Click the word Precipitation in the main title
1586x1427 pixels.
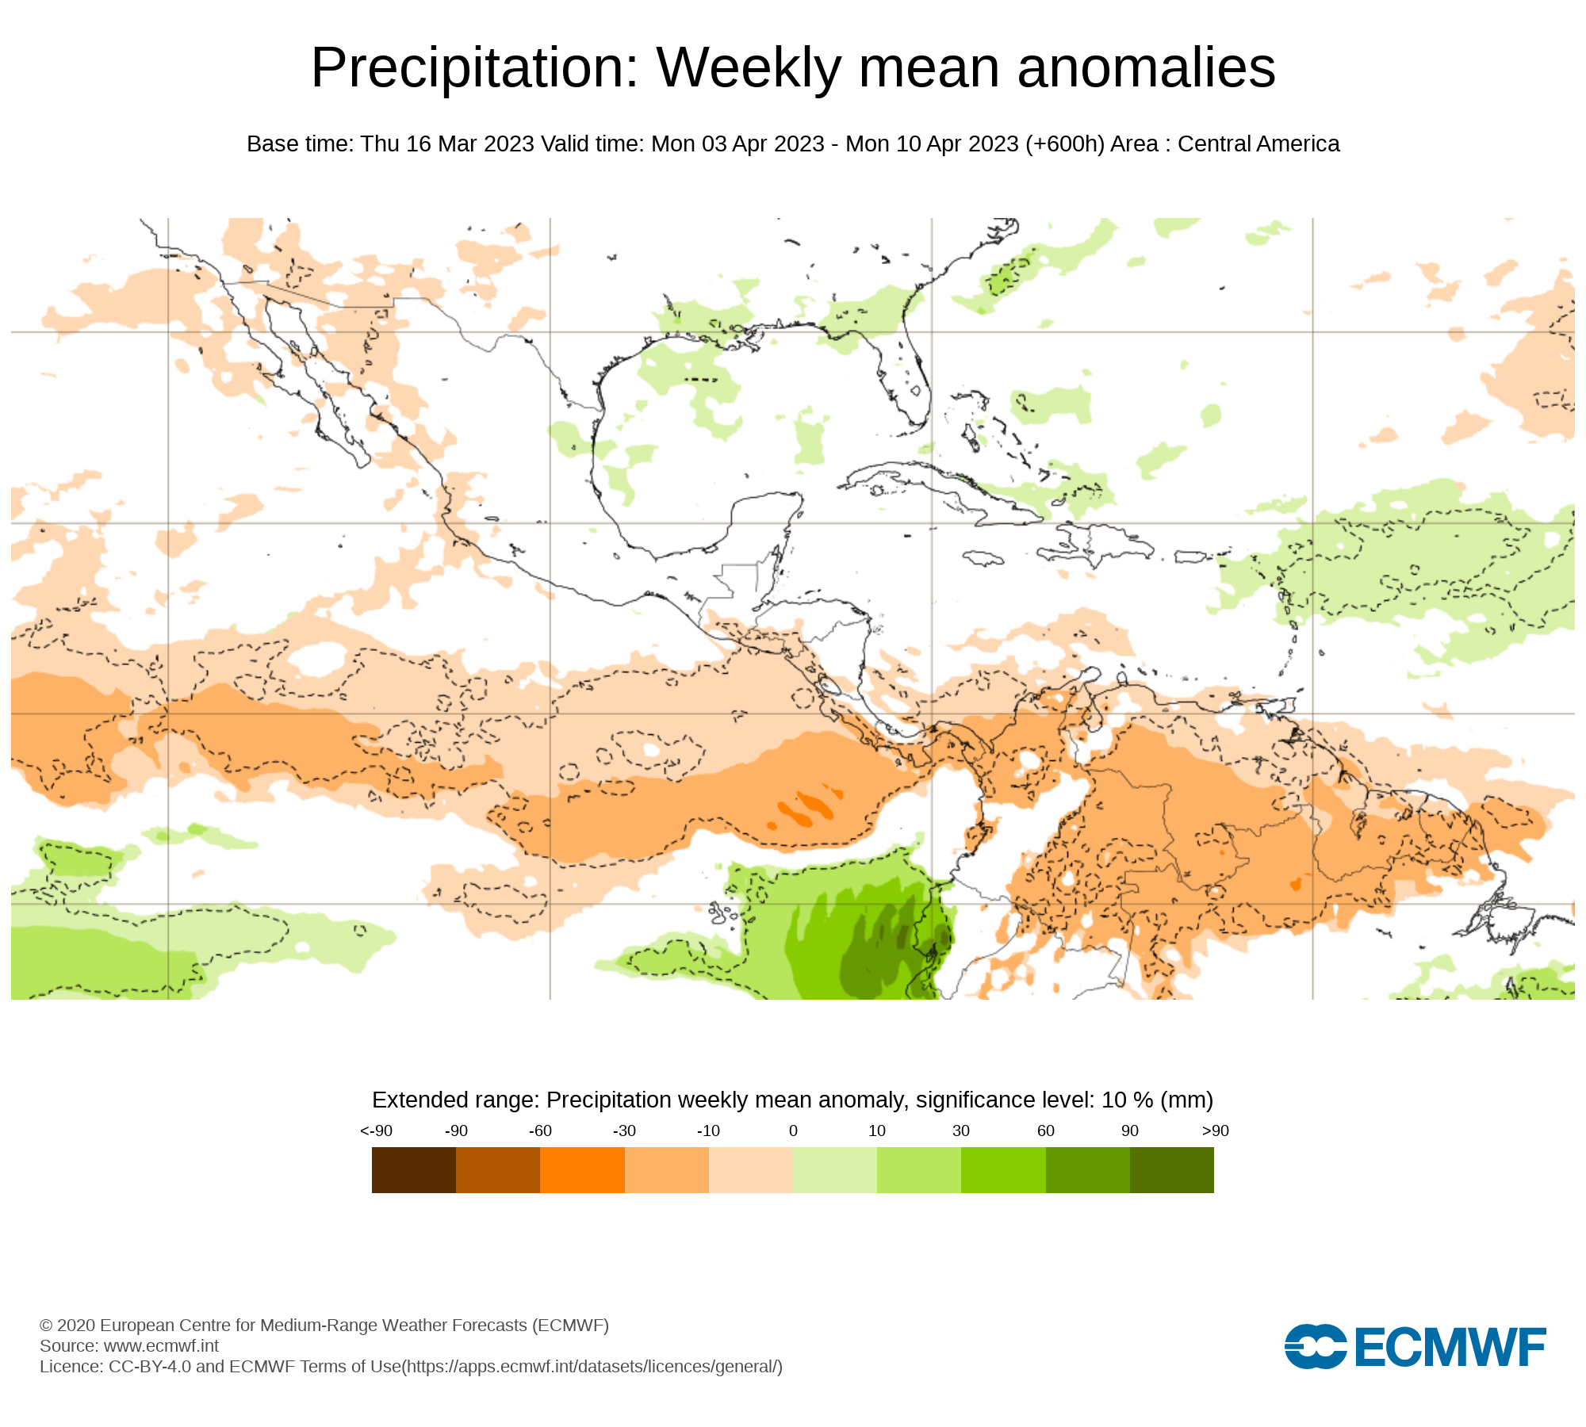(474, 68)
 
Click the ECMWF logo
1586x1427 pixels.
(1415, 1346)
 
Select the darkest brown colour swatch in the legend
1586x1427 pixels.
(413, 1170)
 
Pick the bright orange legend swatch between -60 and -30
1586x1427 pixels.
(582, 1170)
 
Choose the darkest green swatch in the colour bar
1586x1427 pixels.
(1171, 1170)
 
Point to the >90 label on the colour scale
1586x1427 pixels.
(1215, 1131)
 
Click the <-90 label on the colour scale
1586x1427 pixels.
(376, 1131)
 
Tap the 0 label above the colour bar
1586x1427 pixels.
(793, 1131)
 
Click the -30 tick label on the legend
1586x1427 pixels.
(624, 1131)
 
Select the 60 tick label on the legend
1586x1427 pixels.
(1046, 1131)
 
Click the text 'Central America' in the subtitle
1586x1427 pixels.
(1258, 144)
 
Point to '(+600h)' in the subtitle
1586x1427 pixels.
(1064, 144)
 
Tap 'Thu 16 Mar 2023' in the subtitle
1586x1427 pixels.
(447, 144)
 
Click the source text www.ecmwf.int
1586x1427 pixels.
(161, 1345)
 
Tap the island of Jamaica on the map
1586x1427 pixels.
(983, 559)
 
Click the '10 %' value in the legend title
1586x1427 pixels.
(1127, 1100)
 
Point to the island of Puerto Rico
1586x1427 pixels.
(1190, 557)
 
